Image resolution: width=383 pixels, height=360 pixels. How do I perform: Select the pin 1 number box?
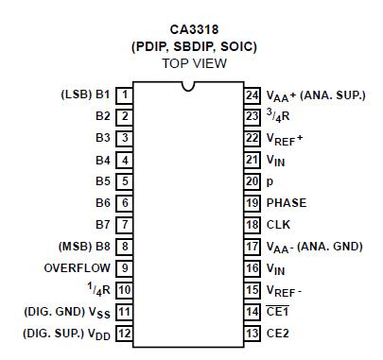pyautogui.click(x=125, y=94)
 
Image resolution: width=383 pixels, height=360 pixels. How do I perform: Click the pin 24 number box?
pyautogui.click(x=252, y=94)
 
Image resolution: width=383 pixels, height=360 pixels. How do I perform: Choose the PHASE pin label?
pyautogui.click(x=286, y=202)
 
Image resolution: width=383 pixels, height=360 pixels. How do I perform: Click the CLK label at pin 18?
pyautogui.click(x=277, y=225)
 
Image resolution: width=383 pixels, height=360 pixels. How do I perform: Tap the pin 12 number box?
pyautogui.click(x=125, y=334)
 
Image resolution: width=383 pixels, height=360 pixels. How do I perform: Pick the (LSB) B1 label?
pyautogui.click(x=85, y=94)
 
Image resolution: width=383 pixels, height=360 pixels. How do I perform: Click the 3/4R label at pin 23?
pyautogui.click(x=280, y=116)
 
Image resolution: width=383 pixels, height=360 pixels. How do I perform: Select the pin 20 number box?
pyautogui.click(x=252, y=181)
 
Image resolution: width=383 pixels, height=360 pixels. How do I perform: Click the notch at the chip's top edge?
pyautogui.click(x=189, y=88)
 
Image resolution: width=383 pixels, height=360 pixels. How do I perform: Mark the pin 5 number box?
pyautogui.click(x=125, y=181)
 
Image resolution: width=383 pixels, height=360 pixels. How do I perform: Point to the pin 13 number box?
pyautogui.click(x=252, y=334)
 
